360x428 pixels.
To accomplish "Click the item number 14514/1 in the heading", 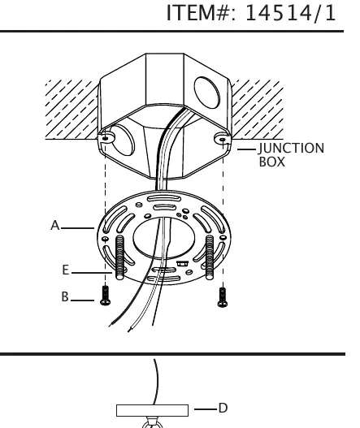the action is [290, 13].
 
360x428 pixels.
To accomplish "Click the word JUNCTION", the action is [291, 149].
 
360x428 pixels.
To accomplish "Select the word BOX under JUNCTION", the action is [271, 162].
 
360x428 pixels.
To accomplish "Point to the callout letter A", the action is [55, 226].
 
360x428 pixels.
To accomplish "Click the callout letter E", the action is [65, 270].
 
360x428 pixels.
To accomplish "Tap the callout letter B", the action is [65, 296].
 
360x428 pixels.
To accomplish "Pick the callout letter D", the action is [223, 408].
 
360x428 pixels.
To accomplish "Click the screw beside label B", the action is [105, 296].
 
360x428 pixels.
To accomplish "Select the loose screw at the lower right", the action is [223, 297].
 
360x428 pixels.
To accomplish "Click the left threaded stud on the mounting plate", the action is [119, 257].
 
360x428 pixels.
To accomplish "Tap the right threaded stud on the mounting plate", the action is [209, 257].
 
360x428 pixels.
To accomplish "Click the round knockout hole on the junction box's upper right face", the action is [206, 93].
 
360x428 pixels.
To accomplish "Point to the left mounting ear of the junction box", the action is [106, 137].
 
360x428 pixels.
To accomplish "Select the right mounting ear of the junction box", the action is [223, 139].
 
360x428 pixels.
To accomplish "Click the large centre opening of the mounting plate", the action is [163, 238].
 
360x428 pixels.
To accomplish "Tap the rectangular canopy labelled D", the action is [153, 410].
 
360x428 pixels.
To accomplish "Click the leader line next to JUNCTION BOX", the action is [246, 149].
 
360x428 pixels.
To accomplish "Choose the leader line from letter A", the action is [77, 228].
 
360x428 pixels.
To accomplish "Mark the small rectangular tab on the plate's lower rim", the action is [182, 263].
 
